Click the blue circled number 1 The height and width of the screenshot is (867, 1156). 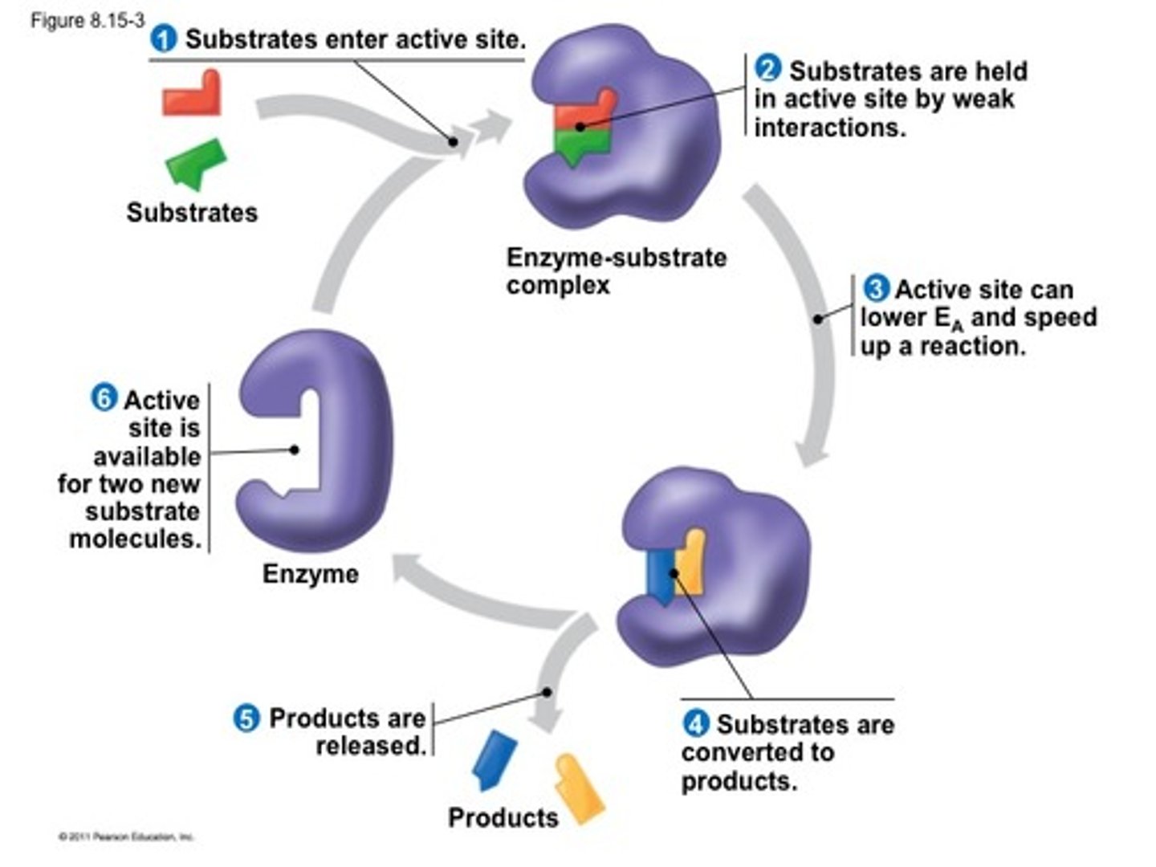click(x=164, y=39)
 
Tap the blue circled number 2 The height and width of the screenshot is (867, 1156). click(x=768, y=69)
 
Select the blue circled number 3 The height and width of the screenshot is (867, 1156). click(x=876, y=287)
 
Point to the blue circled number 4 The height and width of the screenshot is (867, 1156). click(x=695, y=723)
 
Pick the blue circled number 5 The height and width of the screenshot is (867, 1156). click(x=246, y=717)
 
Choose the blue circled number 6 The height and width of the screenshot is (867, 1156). click(x=104, y=397)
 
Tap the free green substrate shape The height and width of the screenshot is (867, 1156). click(x=197, y=163)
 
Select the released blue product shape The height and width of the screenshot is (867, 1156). click(x=493, y=759)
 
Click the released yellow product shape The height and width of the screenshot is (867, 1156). click(x=580, y=788)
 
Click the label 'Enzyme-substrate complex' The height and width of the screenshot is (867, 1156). click(x=615, y=271)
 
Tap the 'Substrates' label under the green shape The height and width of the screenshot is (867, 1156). click(x=192, y=213)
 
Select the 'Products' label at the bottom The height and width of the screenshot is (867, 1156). click(x=503, y=817)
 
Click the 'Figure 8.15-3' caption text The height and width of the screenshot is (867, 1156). click(x=88, y=21)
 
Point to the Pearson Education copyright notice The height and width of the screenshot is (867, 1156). click(x=126, y=837)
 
